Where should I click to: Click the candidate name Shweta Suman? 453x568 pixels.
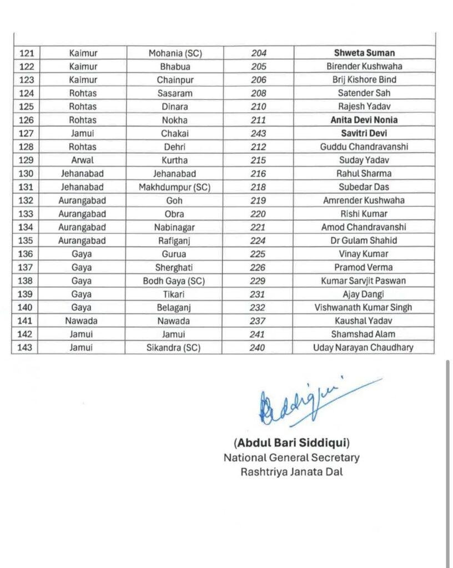point(364,53)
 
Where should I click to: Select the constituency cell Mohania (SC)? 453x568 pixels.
point(175,53)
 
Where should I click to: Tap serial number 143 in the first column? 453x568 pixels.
point(26,348)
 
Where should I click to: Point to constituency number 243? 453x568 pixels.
point(258,134)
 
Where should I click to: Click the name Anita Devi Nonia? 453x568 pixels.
point(364,120)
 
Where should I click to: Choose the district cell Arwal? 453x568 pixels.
point(83,160)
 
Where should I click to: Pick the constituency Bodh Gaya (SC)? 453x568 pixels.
point(173,281)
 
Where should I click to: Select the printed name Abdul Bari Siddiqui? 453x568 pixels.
point(291,443)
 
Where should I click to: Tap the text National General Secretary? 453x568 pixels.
point(291,458)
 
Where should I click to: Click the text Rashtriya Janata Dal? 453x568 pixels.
point(291,472)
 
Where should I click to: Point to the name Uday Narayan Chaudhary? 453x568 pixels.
point(364,348)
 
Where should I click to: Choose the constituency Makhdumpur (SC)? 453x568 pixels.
point(174,187)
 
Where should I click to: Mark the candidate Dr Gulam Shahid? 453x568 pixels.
point(364,241)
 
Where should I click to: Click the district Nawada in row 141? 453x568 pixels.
point(82,321)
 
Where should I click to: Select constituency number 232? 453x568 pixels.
point(258,307)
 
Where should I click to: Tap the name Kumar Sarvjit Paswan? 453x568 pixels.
point(364,281)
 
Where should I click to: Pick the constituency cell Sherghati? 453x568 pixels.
point(173,267)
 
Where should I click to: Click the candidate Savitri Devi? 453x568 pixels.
point(364,134)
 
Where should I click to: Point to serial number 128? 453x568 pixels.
point(26,147)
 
